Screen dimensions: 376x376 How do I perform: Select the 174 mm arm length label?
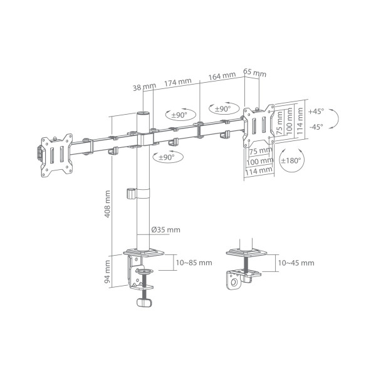pos(178,82)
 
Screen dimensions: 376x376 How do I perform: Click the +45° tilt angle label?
pos(316,111)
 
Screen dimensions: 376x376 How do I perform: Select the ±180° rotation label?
pos(291,160)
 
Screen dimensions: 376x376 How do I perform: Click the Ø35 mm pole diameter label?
pos(165,229)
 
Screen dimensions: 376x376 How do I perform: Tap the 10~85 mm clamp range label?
pos(194,263)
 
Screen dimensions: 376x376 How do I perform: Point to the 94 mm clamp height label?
pos(108,274)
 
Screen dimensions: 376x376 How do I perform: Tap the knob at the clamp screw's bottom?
pos(145,302)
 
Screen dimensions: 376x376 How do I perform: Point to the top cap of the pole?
pos(144,114)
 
